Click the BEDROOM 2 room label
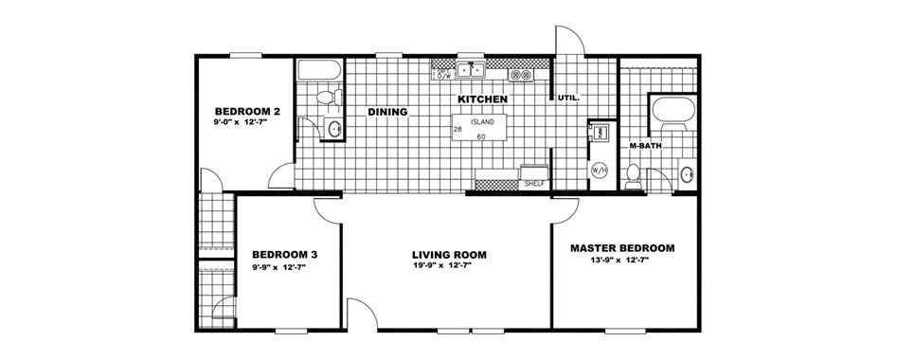(247, 111)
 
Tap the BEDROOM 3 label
(285, 254)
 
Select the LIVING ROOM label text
(449, 255)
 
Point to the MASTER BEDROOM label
(621, 248)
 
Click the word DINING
(387, 112)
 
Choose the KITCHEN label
(482, 99)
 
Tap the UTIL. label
(568, 99)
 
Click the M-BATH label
(645, 146)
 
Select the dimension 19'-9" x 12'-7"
(441, 265)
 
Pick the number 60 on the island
(481, 137)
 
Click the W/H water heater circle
(599, 170)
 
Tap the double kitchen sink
(471, 70)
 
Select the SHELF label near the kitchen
(533, 185)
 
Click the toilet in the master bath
(633, 175)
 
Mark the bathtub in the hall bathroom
(319, 70)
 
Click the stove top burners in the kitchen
(521, 75)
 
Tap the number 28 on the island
(457, 130)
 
